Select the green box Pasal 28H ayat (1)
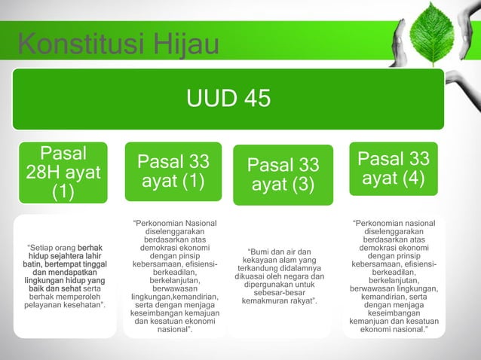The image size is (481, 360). (63, 173)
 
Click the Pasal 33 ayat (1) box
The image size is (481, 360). (173, 172)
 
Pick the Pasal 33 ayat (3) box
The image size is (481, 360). (283, 175)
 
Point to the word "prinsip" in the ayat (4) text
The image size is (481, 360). (409, 257)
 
